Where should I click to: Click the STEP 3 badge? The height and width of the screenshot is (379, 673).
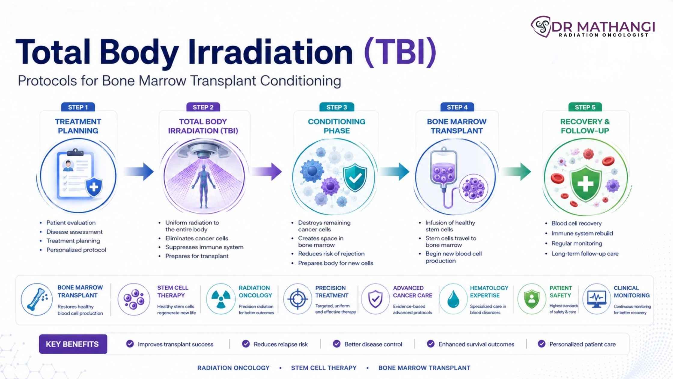(336, 107)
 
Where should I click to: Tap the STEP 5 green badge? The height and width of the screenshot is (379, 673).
(585, 107)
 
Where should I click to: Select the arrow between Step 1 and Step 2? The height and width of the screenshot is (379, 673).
(139, 172)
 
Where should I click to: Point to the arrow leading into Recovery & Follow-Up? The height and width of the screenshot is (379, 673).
(516, 172)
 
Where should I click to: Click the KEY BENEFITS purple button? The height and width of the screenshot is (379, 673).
(73, 344)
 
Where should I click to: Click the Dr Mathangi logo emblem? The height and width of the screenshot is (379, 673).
(541, 26)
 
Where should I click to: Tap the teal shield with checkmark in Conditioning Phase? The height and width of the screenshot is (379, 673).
(355, 178)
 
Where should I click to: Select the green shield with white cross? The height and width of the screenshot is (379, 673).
(586, 183)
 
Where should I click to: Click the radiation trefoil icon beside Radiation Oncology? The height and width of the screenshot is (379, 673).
(221, 299)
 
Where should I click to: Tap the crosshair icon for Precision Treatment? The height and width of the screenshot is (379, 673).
(297, 299)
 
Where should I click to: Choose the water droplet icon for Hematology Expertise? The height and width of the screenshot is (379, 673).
(453, 299)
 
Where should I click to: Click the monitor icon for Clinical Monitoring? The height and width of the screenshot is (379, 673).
(596, 299)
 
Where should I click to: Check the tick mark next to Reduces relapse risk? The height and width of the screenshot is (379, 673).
(246, 344)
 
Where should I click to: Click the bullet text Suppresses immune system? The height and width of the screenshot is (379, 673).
(204, 247)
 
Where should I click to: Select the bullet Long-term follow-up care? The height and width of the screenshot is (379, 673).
(585, 254)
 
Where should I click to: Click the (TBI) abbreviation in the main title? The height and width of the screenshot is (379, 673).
(400, 52)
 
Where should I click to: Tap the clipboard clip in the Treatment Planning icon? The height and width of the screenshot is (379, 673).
(75, 152)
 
